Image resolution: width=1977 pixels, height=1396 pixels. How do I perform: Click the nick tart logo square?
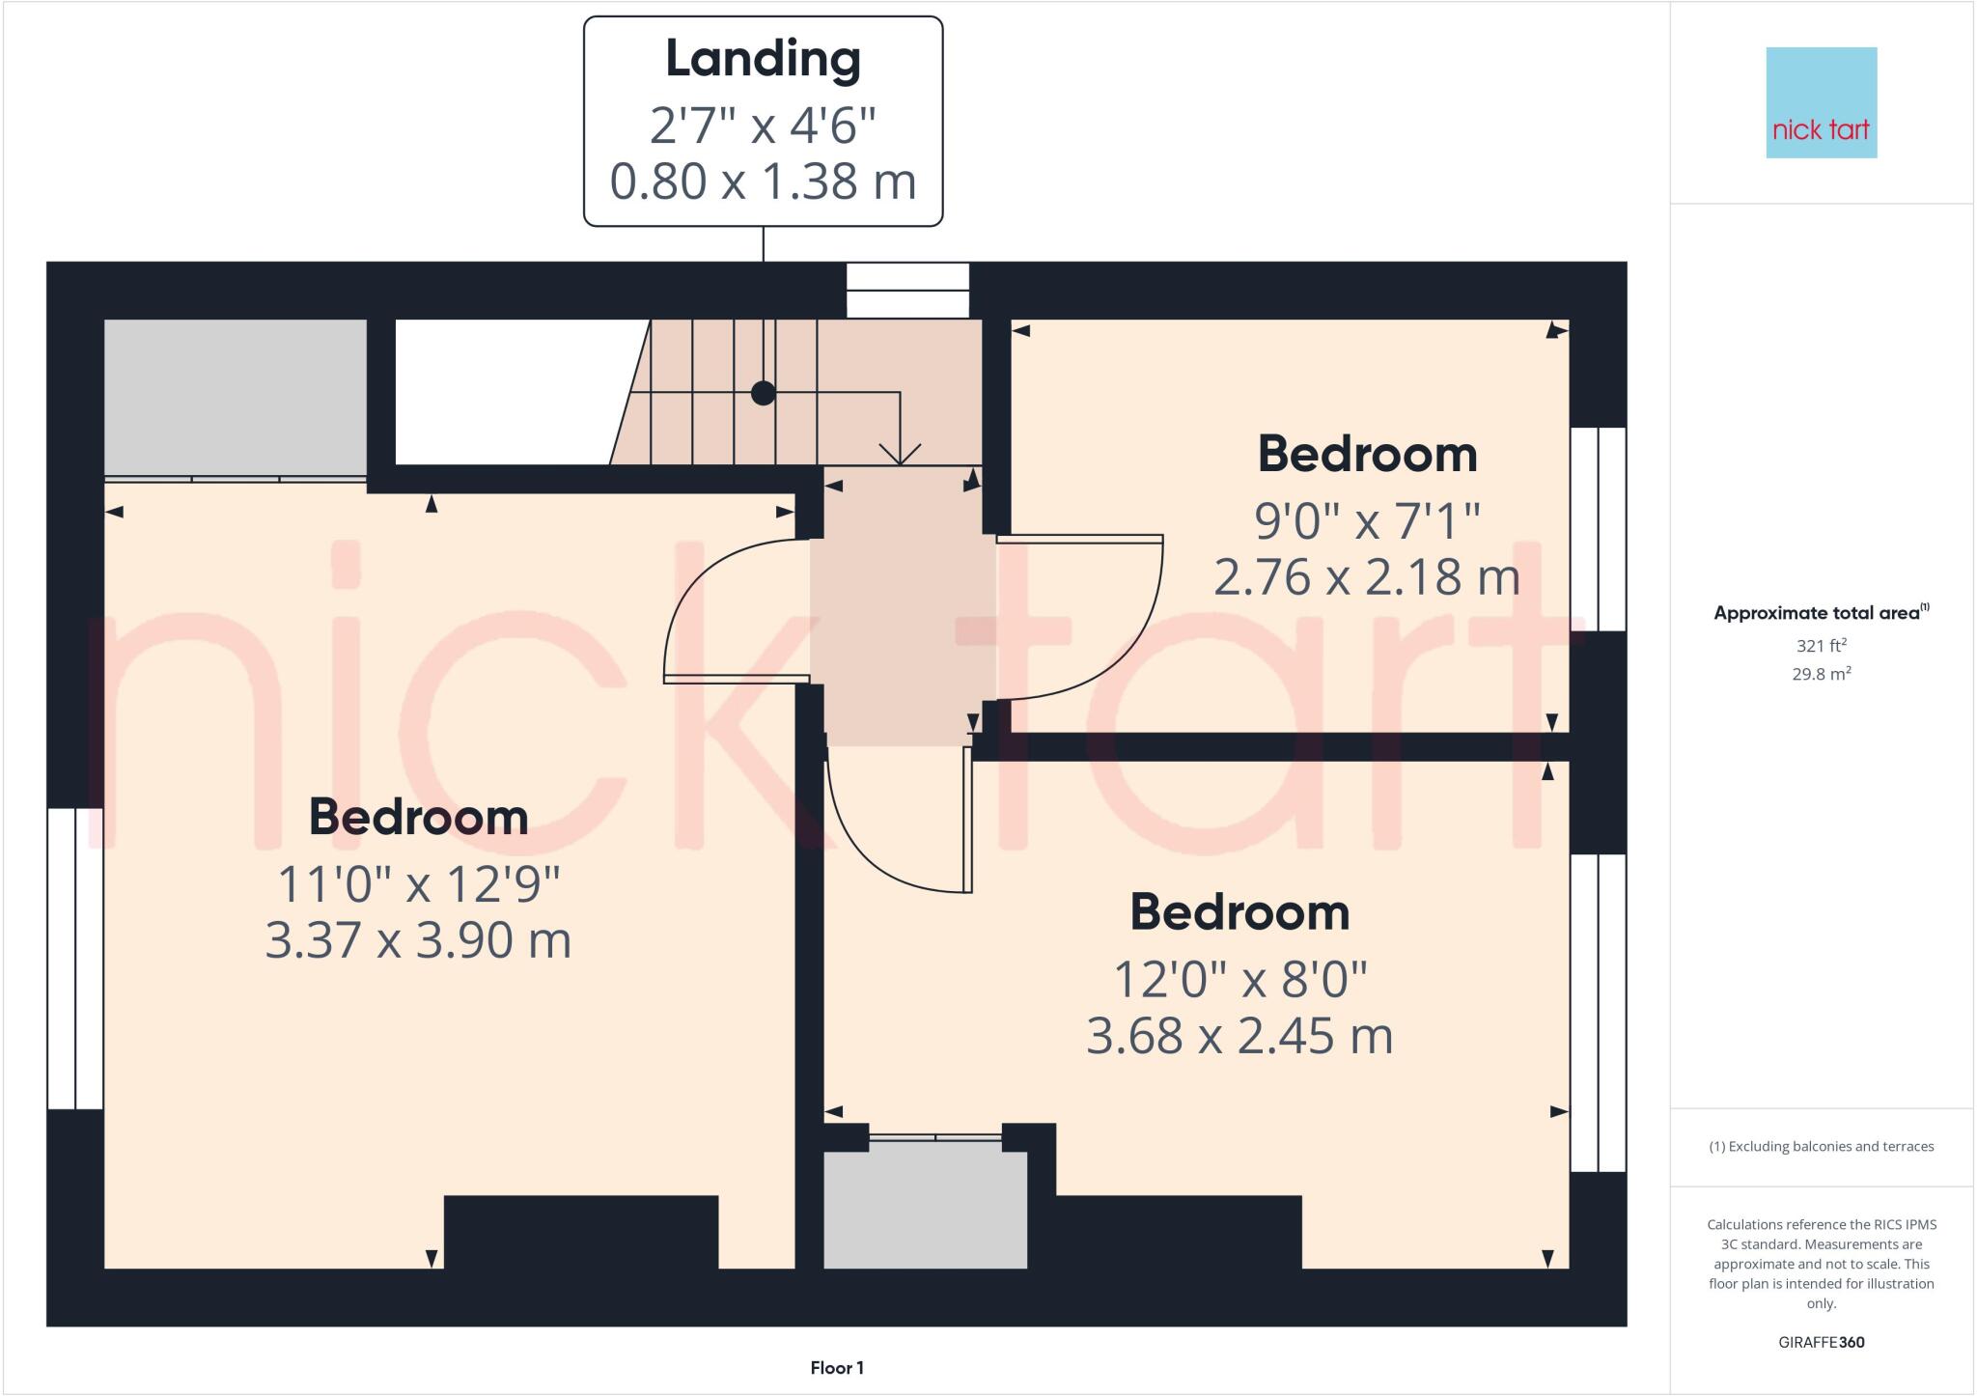[1821, 102]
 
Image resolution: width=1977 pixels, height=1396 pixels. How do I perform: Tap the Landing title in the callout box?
[763, 59]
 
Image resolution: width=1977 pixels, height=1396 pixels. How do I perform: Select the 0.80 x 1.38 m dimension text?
[763, 181]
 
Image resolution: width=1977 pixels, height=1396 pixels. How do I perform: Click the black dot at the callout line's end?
[764, 393]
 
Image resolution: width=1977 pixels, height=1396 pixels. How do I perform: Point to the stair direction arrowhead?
[900, 455]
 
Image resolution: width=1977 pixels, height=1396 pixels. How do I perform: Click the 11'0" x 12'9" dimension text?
[418, 883]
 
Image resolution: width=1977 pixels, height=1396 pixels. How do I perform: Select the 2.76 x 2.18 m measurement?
[1366, 577]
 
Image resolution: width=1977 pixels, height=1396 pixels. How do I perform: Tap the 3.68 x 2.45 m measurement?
[1239, 1036]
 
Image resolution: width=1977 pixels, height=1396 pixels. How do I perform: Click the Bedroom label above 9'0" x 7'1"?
[1367, 454]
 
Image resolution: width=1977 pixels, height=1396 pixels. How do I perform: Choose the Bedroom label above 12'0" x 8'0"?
[1239, 912]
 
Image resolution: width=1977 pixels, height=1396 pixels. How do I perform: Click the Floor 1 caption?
[837, 1367]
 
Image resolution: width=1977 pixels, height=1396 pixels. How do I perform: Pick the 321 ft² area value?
[1821, 646]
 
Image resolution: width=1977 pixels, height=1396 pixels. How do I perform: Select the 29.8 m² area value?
[1821, 674]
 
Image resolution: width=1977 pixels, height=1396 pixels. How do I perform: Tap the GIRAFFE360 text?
[1821, 1342]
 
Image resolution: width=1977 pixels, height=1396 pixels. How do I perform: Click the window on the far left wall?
[75, 959]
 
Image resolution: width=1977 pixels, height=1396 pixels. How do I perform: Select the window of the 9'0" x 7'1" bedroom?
[1598, 529]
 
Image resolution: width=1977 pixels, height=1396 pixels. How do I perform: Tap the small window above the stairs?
[907, 290]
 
